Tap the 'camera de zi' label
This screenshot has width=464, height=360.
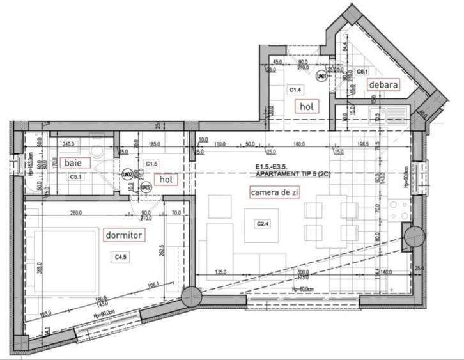(273, 191)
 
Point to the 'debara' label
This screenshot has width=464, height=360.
(383, 84)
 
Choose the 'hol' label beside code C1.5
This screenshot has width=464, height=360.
(167, 180)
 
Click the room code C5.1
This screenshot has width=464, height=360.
(75, 176)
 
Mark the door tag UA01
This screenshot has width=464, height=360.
(322, 75)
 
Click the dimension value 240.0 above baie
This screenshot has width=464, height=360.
(69, 145)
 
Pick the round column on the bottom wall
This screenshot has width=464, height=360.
(190, 296)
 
